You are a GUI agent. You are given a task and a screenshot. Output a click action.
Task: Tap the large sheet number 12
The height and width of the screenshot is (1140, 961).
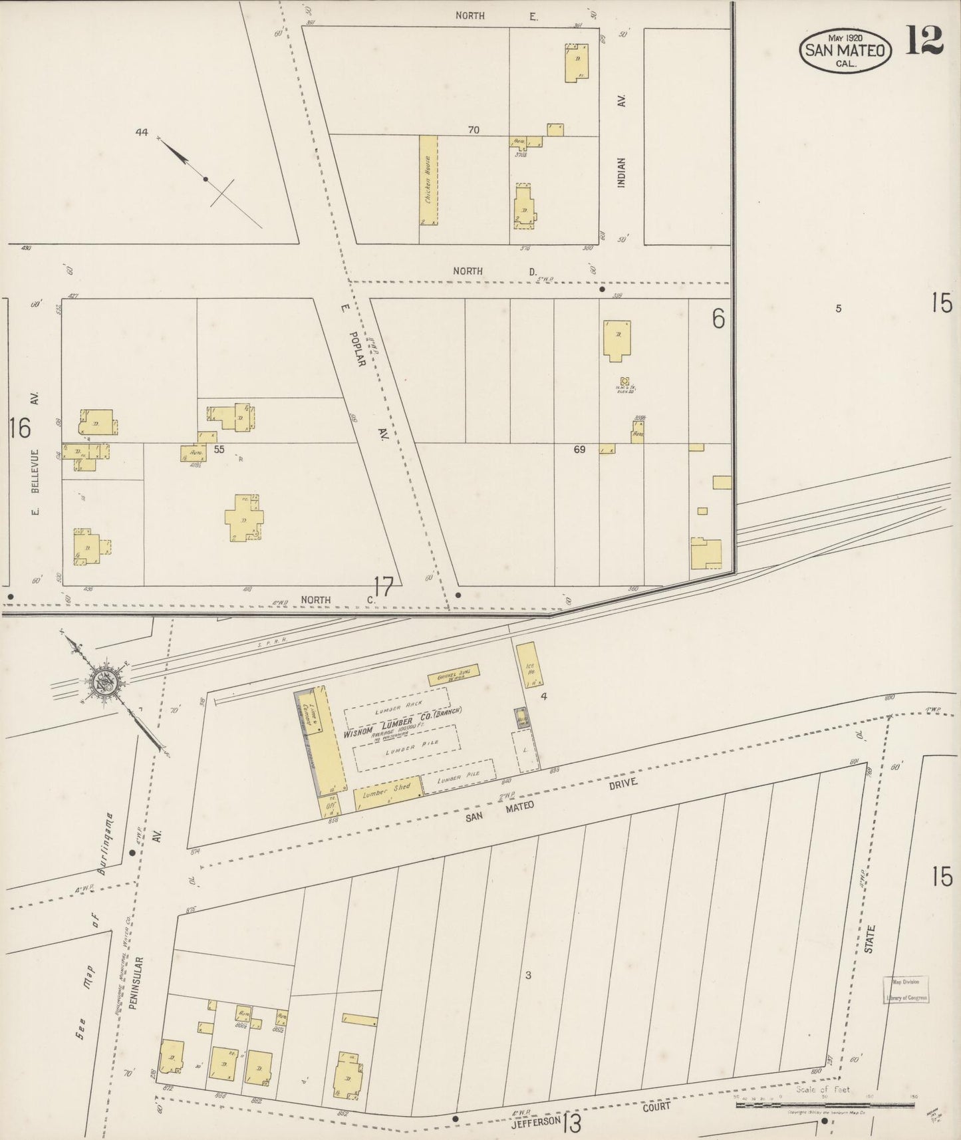tap(924, 41)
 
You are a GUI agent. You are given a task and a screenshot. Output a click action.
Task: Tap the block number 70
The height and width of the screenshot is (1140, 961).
tap(473, 130)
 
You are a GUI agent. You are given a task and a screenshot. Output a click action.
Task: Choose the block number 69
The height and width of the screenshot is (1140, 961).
tap(579, 450)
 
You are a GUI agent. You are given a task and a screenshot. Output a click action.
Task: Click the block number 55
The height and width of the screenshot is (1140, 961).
tap(219, 450)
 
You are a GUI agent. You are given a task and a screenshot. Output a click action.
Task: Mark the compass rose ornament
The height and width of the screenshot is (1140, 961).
tap(104, 681)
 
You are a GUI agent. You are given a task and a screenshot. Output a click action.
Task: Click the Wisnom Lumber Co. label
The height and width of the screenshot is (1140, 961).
tap(402, 725)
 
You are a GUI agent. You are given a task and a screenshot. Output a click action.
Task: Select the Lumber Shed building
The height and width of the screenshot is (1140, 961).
tap(388, 793)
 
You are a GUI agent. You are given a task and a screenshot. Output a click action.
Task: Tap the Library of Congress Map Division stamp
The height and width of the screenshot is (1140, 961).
tap(905, 989)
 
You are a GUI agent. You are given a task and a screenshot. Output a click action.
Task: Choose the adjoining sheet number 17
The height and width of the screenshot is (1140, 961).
tap(384, 587)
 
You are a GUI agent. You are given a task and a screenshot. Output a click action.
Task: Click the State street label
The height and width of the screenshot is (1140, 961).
tap(869, 939)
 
